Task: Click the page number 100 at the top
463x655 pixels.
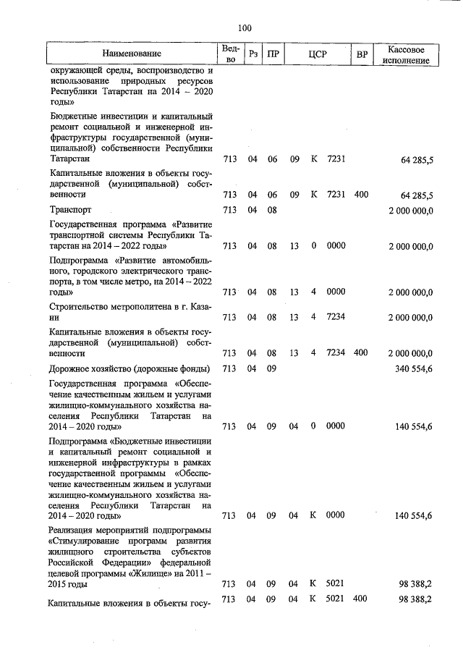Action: click(244, 28)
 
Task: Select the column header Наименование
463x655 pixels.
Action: click(132, 54)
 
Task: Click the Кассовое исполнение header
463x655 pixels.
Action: click(410, 54)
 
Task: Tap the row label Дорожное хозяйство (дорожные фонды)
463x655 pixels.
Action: click(129, 369)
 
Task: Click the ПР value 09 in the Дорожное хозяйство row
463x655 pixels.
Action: click(272, 369)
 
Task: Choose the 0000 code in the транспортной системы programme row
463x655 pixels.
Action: click(336, 246)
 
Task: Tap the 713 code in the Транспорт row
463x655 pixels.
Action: click(229, 210)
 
